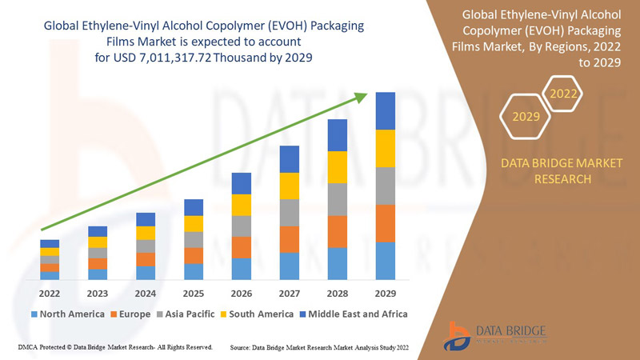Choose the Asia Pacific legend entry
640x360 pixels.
pyautogui.click(x=189, y=314)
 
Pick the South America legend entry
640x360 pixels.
pyautogui.click(x=258, y=314)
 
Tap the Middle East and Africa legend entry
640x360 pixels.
pyautogui.click(x=352, y=314)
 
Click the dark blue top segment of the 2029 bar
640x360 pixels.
pyautogui.click(x=386, y=110)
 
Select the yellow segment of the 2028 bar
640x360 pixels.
pyautogui.click(x=338, y=166)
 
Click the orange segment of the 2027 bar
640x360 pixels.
pyautogui.click(x=290, y=239)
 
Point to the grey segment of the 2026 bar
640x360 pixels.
pyautogui.click(x=242, y=226)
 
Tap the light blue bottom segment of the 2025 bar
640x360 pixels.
pyautogui.click(x=194, y=271)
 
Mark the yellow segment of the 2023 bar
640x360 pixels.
pyautogui.click(x=98, y=242)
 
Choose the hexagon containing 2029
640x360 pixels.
pyautogui.click(x=526, y=117)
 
